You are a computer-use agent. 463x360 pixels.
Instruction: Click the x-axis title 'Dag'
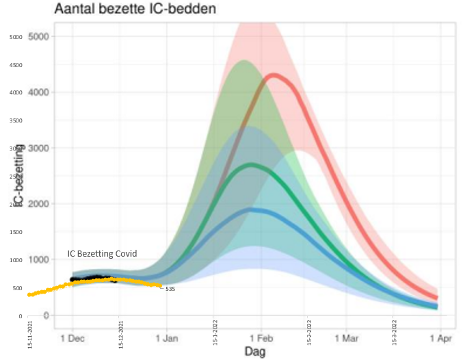[254, 351]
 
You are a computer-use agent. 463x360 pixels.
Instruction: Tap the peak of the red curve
[274, 75]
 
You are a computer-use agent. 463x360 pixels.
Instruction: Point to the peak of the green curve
[252, 164]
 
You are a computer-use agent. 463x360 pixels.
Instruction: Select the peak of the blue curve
[253, 209]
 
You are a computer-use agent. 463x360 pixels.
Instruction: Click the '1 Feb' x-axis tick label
[261, 337]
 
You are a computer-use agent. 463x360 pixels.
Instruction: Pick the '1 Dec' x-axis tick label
[72, 337]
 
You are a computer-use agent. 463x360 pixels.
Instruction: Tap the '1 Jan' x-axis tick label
[167, 337]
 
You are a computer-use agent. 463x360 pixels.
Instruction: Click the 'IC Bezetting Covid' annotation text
[102, 254]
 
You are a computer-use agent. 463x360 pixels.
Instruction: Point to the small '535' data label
[170, 290]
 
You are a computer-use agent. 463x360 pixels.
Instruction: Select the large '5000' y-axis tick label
[39, 36]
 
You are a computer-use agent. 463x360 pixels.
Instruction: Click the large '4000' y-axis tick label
[39, 92]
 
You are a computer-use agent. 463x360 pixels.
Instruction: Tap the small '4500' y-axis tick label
[15, 66]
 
